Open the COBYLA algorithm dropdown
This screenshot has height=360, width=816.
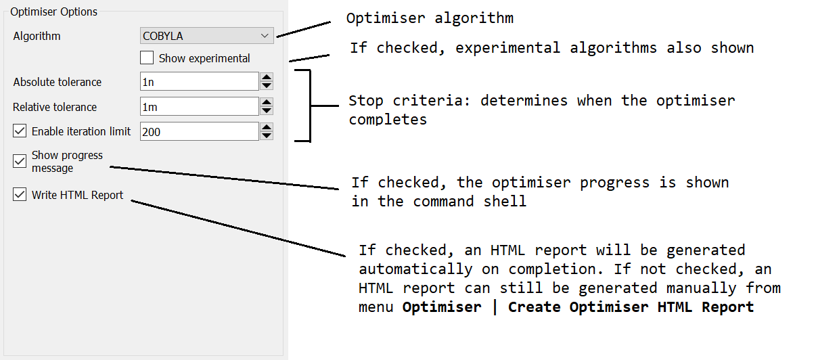pyautogui.click(x=206, y=36)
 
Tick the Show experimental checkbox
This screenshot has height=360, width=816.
pyautogui.click(x=146, y=58)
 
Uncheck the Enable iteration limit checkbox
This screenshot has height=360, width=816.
pyautogui.click(x=20, y=131)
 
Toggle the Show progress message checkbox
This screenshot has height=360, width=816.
pyautogui.click(x=20, y=161)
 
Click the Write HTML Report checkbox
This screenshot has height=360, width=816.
pyautogui.click(x=20, y=195)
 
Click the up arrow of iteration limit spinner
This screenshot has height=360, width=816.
pyautogui.click(x=267, y=127)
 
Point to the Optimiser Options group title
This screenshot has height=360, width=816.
pyautogui.click(x=53, y=12)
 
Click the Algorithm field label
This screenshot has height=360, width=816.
pyautogui.click(x=37, y=36)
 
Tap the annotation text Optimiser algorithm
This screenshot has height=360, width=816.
pyautogui.click(x=430, y=18)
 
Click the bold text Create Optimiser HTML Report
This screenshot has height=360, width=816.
pyautogui.click(x=631, y=307)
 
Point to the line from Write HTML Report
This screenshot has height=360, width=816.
pyautogui.click(x=237, y=227)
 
